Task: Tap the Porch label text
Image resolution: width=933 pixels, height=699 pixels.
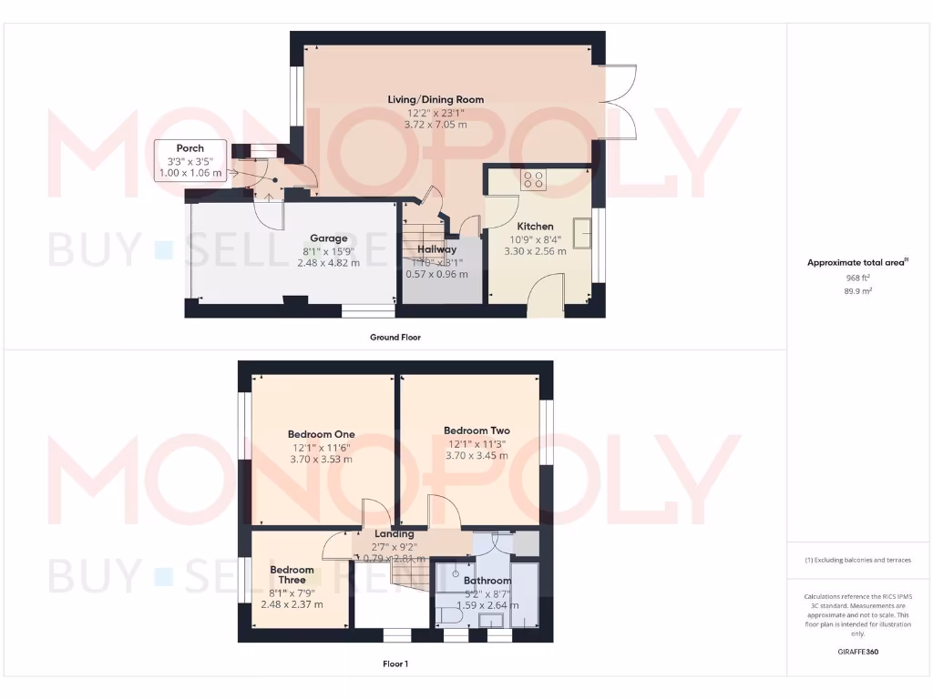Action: tap(190, 148)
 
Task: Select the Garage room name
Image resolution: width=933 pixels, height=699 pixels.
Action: tap(328, 238)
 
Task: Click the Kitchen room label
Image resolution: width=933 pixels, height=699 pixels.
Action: tap(535, 227)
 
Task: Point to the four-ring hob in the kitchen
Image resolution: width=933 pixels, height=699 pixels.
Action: tap(534, 179)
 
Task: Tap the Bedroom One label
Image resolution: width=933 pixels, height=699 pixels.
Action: tap(321, 434)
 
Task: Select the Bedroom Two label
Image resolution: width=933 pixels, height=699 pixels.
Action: tap(477, 431)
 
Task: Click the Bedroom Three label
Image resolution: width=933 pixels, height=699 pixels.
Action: tap(292, 575)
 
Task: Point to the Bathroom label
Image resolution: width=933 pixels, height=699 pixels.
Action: tap(487, 580)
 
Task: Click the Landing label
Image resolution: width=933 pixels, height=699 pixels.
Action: tap(395, 534)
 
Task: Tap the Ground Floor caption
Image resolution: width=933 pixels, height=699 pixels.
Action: tap(395, 337)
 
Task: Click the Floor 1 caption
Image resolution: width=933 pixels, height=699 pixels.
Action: tap(395, 664)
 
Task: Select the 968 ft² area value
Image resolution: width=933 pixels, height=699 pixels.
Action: tap(858, 278)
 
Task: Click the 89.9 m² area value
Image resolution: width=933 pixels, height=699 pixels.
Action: tap(858, 291)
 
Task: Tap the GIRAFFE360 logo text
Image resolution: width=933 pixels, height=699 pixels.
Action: tap(858, 652)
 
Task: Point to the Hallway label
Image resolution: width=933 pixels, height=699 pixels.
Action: tap(436, 249)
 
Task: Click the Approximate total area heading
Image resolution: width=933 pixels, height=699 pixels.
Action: tap(856, 263)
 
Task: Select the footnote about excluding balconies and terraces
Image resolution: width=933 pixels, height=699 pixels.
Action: tap(858, 560)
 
